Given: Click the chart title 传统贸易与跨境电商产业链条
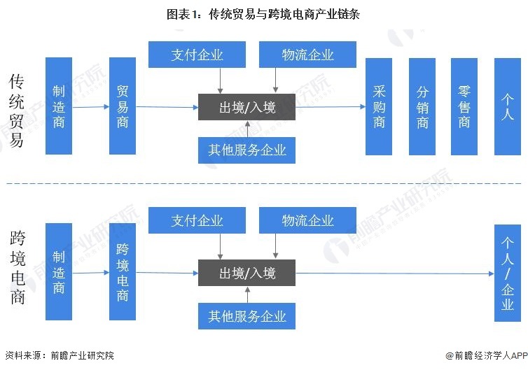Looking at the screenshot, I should (x=263, y=13).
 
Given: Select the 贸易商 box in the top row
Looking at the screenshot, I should (x=123, y=106).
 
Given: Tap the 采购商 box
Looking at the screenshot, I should (x=379, y=106).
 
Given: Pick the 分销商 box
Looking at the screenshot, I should (x=422, y=106).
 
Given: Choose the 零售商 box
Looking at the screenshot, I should (x=464, y=106).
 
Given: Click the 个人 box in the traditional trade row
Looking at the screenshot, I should (x=508, y=106).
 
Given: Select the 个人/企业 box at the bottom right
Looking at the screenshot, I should (x=508, y=273).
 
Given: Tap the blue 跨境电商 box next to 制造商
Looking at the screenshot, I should (x=123, y=272).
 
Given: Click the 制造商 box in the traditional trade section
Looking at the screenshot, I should (x=59, y=106).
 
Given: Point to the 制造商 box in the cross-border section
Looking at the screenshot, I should (x=59, y=272).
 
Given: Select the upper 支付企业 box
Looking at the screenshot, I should (x=197, y=55).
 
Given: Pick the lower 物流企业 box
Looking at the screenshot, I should (x=307, y=220).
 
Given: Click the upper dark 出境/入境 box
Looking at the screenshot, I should (x=246, y=107).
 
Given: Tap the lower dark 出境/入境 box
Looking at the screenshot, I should (x=246, y=273).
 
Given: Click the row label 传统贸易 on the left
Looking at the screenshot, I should (x=16, y=111).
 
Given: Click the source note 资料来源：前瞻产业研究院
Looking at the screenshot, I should (x=59, y=355).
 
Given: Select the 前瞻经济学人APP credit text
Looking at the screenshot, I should (x=484, y=355).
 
